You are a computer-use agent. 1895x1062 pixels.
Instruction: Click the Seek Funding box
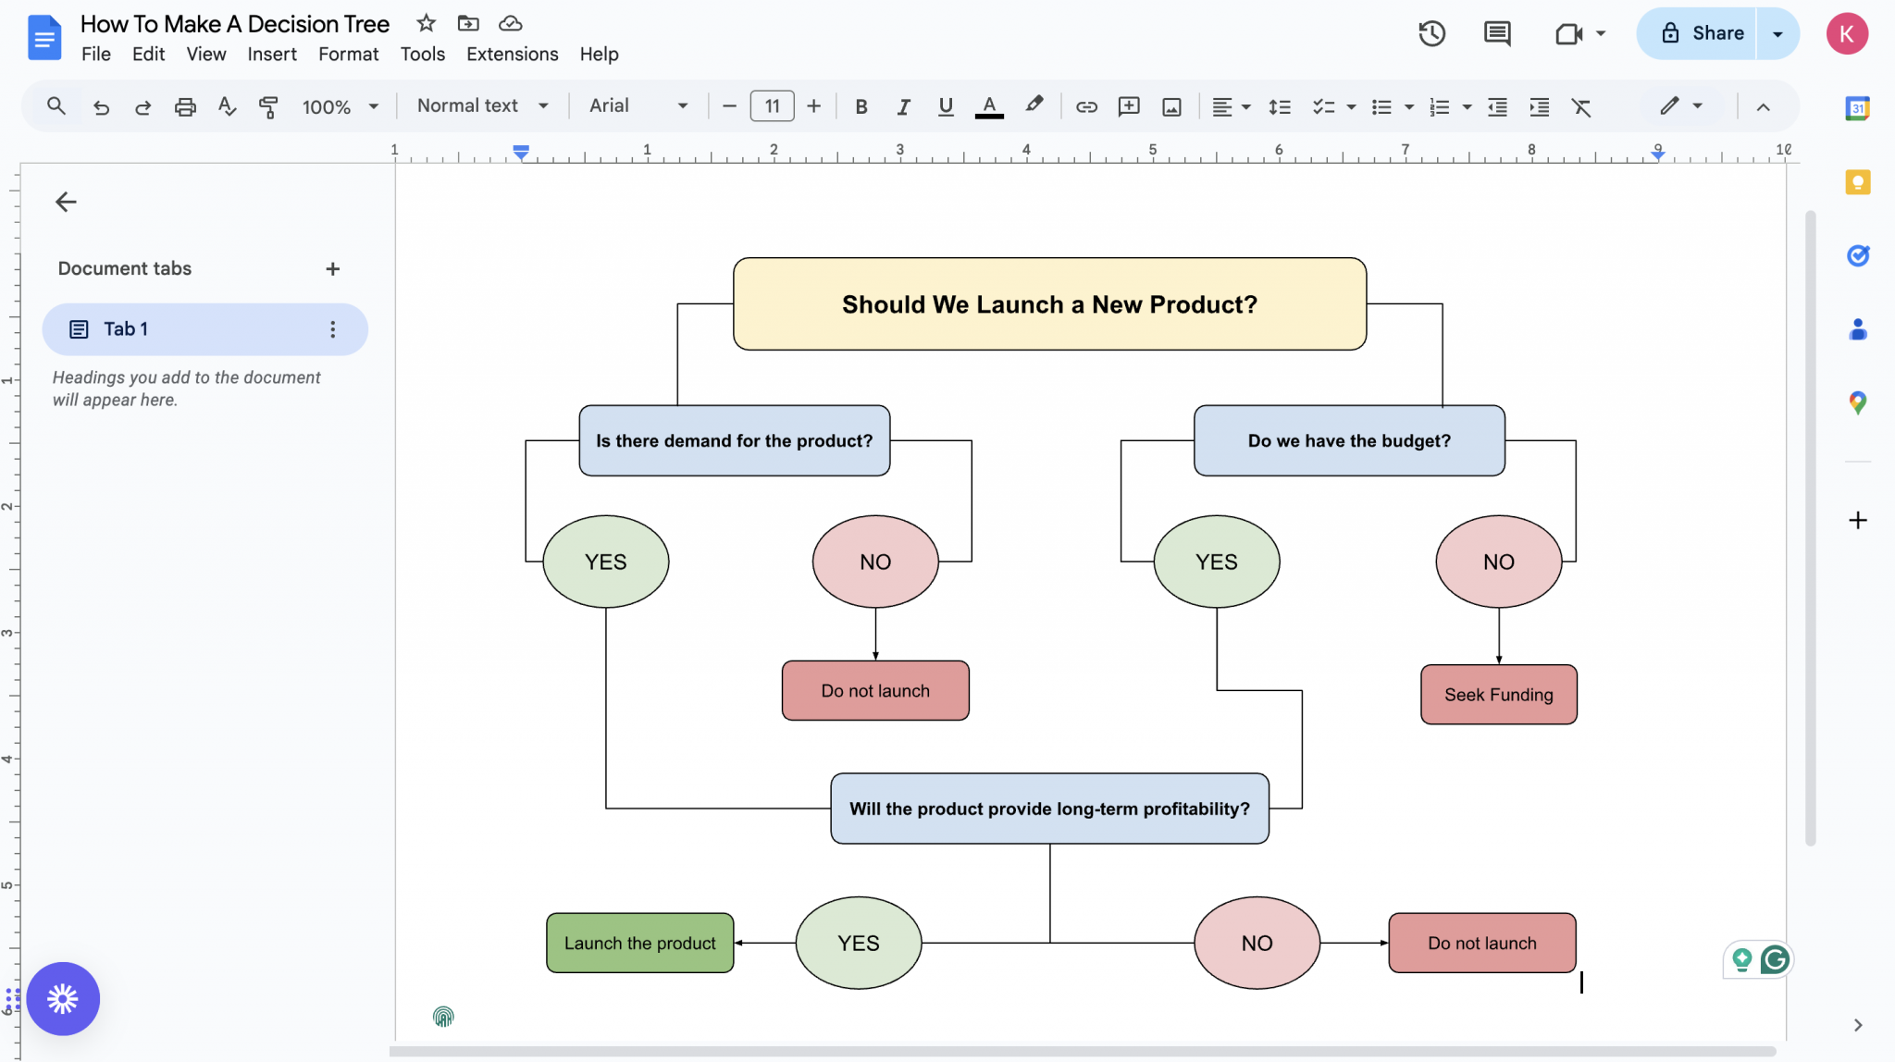click(x=1498, y=695)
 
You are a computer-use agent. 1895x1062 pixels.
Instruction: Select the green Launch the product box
click(x=639, y=943)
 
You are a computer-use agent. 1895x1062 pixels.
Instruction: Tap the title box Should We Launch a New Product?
click(x=1049, y=304)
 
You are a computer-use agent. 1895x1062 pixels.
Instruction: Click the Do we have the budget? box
click(x=1348, y=441)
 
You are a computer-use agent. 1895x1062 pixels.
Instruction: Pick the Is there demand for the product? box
click(x=734, y=441)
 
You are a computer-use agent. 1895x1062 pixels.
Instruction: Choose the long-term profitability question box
click(x=1049, y=809)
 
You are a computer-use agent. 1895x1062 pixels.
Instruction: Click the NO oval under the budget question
click(x=1498, y=562)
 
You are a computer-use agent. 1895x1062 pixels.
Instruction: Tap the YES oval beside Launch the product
click(x=858, y=943)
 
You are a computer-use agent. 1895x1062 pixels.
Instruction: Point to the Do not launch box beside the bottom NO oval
click(x=1481, y=943)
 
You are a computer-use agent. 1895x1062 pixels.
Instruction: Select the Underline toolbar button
click(x=945, y=106)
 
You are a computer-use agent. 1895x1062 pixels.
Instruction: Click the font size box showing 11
click(x=772, y=106)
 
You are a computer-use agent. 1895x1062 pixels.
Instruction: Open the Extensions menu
click(x=512, y=55)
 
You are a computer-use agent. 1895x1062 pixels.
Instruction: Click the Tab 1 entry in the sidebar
click(x=204, y=329)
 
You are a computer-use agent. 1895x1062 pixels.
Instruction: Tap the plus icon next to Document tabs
click(x=333, y=269)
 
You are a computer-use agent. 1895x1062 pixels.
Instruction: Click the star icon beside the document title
click(x=426, y=23)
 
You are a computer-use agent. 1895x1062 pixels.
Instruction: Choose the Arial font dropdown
click(x=638, y=106)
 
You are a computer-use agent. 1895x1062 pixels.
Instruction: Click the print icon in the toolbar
click(x=185, y=106)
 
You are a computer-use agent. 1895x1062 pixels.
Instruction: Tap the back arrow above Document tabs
click(x=66, y=202)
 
